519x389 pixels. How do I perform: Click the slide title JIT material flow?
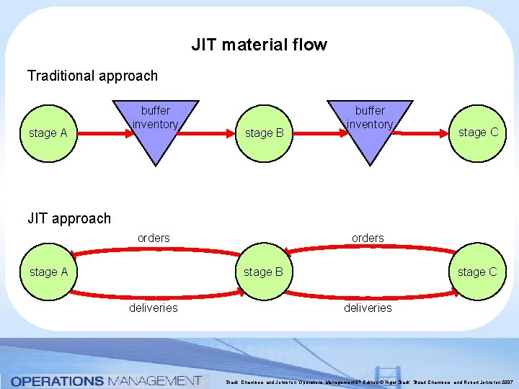click(x=259, y=45)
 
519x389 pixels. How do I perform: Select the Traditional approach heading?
click(x=92, y=76)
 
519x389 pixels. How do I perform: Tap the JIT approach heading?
click(x=69, y=218)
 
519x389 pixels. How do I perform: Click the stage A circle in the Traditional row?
click(x=48, y=133)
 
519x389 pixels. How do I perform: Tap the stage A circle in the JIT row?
click(x=48, y=272)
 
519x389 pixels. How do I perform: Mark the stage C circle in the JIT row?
click(x=476, y=272)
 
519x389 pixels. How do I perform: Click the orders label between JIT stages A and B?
click(x=154, y=238)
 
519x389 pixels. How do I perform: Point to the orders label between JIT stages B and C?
click(x=368, y=238)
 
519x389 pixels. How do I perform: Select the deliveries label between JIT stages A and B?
click(x=154, y=308)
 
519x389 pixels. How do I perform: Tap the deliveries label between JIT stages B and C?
click(x=368, y=308)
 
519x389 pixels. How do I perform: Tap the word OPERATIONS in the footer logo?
click(x=58, y=380)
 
